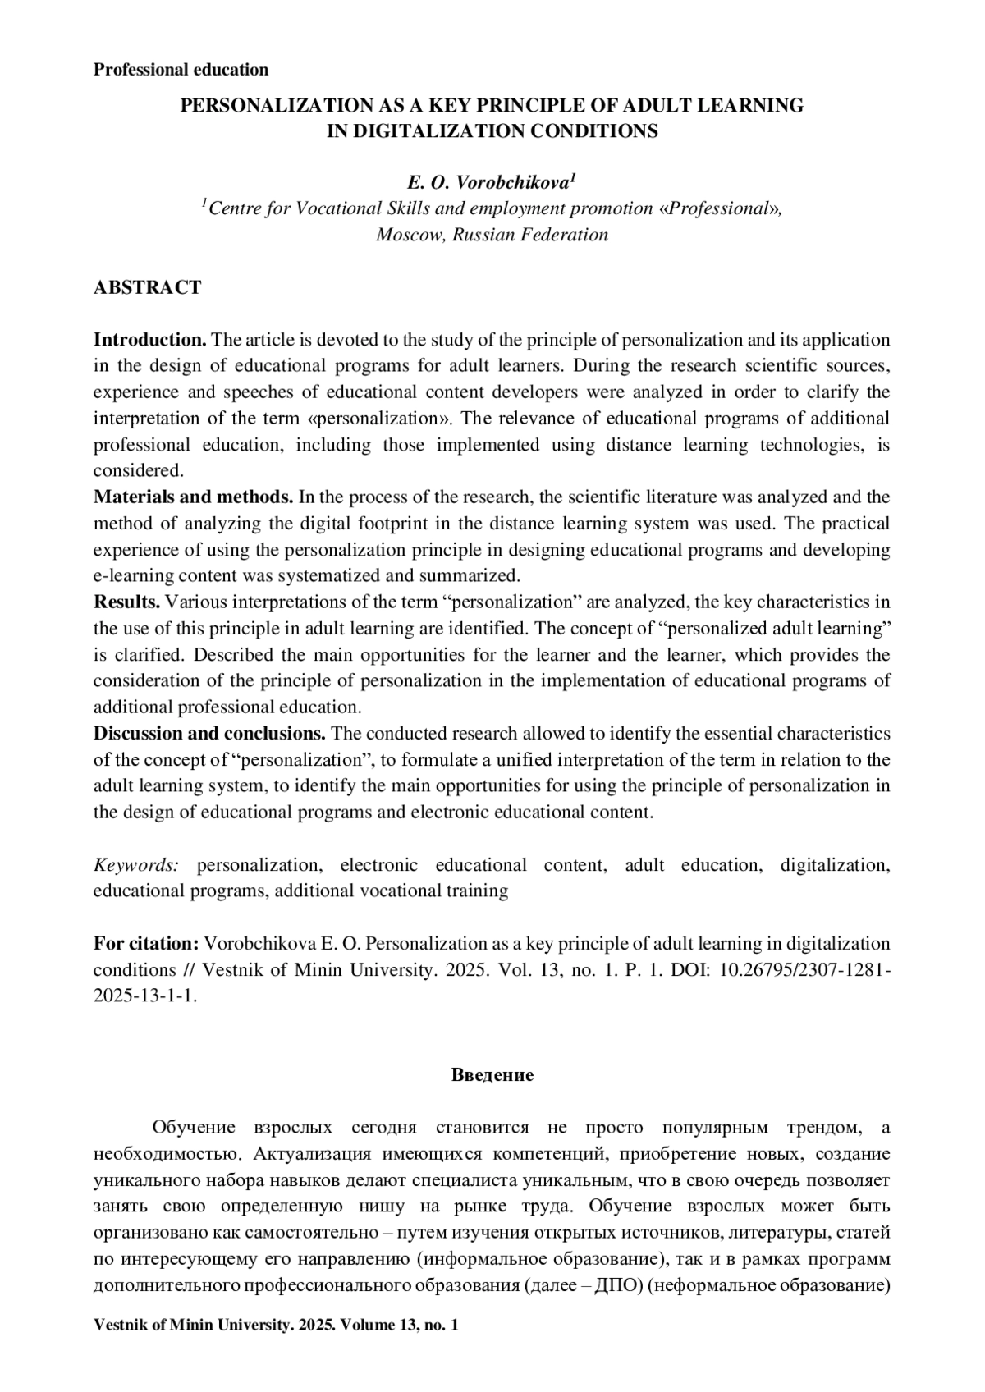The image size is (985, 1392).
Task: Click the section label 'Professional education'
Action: (x=181, y=70)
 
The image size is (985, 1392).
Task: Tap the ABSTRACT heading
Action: (x=147, y=287)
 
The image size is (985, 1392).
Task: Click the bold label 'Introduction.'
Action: (x=149, y=340)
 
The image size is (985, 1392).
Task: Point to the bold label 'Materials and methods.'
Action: (x=194, y=497)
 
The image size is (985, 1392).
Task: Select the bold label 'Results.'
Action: (x=127, y=602)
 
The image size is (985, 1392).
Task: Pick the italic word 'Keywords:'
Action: (x=136, y=865)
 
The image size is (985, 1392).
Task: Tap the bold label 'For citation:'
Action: (x=146, y=944)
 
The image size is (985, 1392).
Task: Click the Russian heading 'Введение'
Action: (x=492, y=1075)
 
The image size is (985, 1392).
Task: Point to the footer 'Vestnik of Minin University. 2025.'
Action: (x=213, y=1325)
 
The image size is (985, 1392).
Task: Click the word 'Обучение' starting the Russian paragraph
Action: (x=194, y=1128)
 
